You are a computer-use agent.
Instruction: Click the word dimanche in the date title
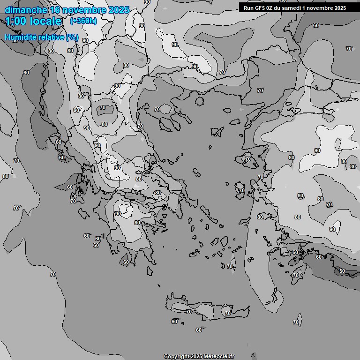[x=26, y=10]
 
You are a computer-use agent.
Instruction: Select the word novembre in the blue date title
[x=85, y=10]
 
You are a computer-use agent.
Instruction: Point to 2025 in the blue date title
[x=118, y=10]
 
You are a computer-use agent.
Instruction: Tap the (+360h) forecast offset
[x=83, y=21]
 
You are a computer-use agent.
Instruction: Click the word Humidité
[x=20, y=37]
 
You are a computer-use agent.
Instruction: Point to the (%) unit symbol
[x=72, y=37]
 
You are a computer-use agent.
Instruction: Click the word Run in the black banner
[x=248, y=7]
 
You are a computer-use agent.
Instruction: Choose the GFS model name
[x=260, y=7]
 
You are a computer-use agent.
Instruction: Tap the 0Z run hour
[x=271, y=7]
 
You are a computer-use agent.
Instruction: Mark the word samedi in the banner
[x=294, y=7]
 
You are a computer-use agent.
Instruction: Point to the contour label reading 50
[x=342, y=271]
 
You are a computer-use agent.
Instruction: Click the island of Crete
[x=206, y=309]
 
